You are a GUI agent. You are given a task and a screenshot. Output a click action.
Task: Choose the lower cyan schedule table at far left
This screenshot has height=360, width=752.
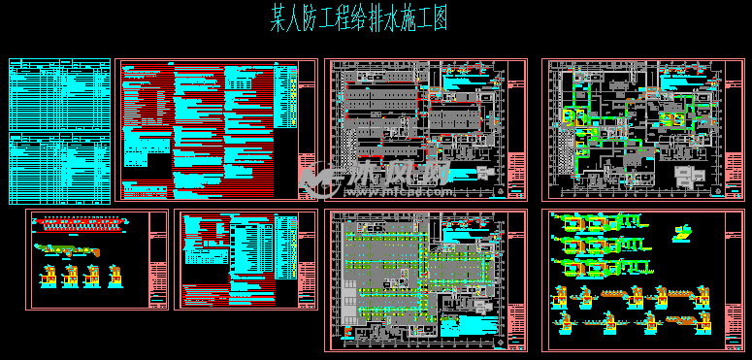click(60, 169)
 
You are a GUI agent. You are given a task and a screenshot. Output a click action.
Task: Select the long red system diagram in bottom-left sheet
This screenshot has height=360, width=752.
click(78, 224)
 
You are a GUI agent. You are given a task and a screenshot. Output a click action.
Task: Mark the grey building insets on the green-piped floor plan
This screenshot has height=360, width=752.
click(691, 176)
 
